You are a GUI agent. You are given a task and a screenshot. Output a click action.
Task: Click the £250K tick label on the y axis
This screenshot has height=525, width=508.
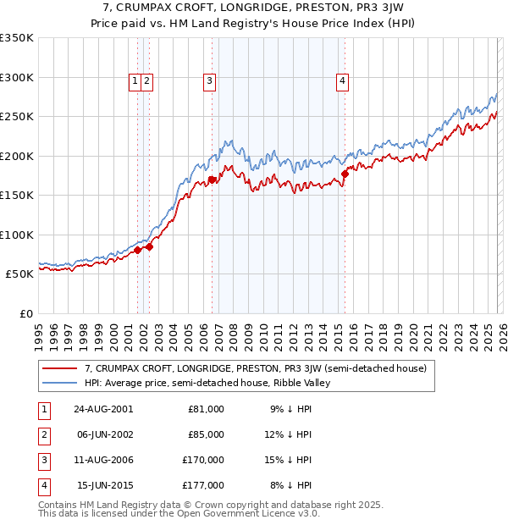(x=17, y=117)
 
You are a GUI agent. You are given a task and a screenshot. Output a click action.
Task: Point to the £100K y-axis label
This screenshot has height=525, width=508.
(x=17, y=235)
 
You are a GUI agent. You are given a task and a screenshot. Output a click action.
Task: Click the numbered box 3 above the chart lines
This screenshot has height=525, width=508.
(x=208, y=81)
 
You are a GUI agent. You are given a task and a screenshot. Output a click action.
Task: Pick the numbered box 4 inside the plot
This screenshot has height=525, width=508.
(x=342, y=81)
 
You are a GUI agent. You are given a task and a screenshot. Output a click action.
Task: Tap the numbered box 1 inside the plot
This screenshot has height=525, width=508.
(x=135, y=81)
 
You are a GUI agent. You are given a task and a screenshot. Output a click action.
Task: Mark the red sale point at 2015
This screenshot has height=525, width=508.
(x=345, y=174)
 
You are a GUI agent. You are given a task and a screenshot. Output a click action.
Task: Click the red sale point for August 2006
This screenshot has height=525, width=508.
(x=213, y=180)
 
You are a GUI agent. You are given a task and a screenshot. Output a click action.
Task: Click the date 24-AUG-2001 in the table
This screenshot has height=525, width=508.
(x=103, y=409)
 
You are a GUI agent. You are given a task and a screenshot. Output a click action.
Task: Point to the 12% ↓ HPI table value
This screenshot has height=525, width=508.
(x=292, y=434)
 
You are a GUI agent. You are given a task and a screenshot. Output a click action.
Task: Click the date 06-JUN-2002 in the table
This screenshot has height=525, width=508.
(x=103, y=434)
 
